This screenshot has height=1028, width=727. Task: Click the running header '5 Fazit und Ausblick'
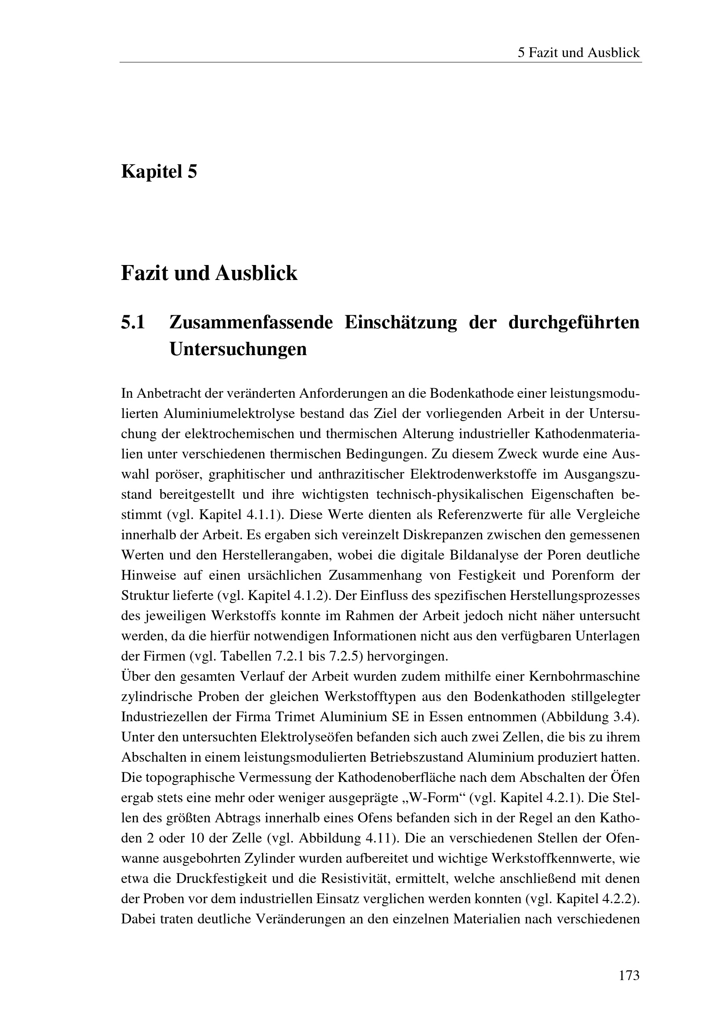578,53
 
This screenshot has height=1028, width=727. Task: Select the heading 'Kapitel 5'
159,171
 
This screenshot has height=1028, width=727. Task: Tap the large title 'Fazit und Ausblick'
209,273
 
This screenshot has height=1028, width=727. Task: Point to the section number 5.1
133,322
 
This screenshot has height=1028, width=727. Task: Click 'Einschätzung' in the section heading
401,322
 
